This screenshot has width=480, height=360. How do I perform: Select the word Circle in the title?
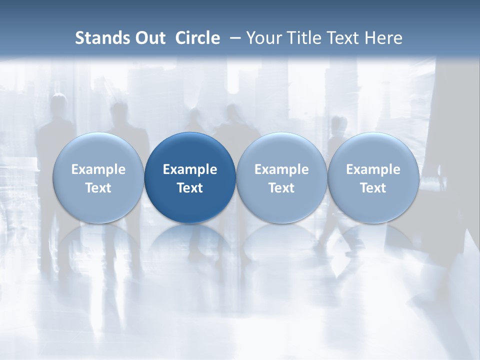(x=197, y=38)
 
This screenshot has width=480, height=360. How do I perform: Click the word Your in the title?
(x=262, y=38)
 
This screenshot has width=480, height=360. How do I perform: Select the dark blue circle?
(x=190, y=178)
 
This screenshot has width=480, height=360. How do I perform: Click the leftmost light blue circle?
(x=98, y=178)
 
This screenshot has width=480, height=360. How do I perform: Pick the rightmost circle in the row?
(x=373, y=178)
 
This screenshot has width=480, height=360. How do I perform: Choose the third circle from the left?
(x=281, y=178)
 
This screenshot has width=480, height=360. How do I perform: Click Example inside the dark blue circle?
(x=190, y=169)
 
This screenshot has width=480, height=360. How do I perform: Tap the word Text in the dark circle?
(x=190, y=188)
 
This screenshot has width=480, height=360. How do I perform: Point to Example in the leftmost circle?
(x=98, y=169)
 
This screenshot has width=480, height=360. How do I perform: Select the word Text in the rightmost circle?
(x=373, y=188)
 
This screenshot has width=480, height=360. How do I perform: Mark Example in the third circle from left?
(x=281, y=169)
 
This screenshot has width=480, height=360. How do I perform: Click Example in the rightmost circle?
(x=373, y=169)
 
